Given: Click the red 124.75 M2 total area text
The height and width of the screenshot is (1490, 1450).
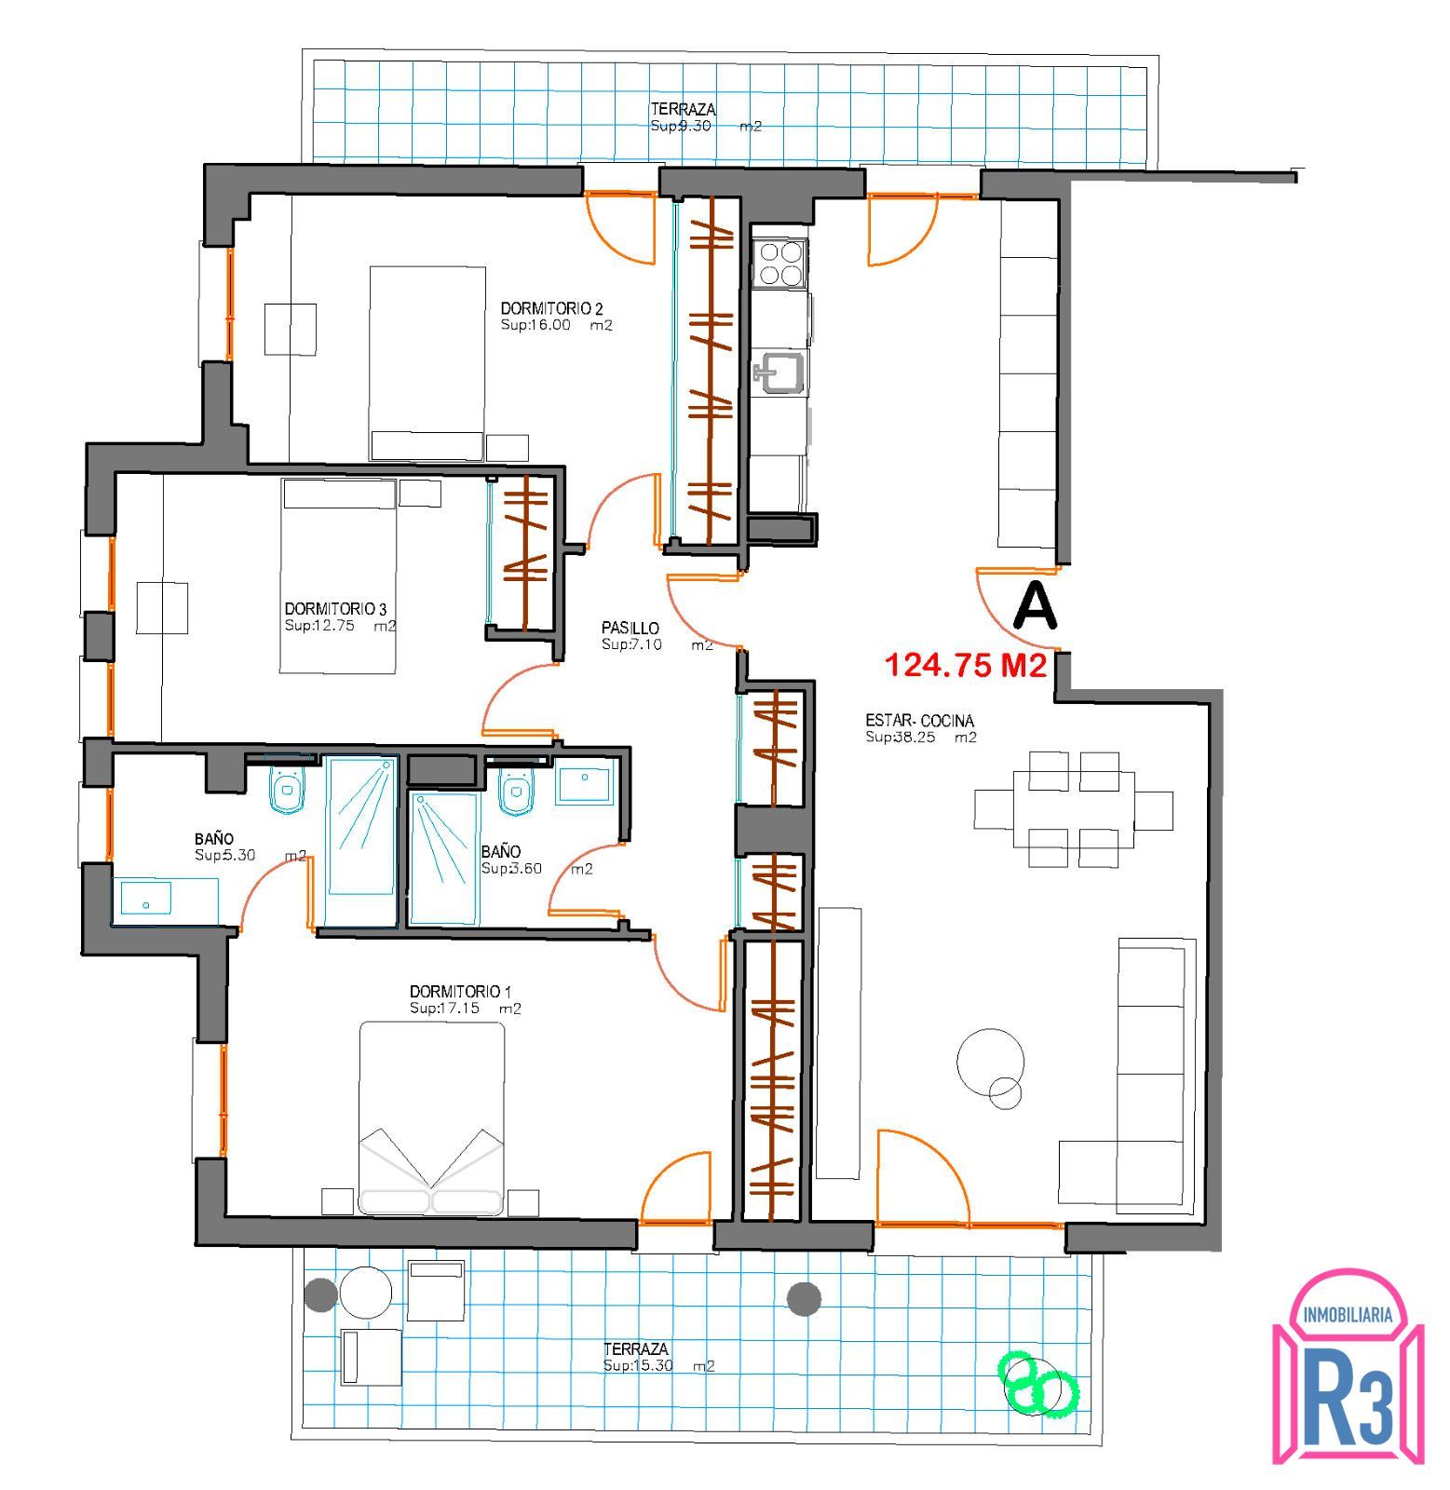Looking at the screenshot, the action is (966, 665).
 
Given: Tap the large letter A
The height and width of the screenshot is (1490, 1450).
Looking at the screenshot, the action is (1035, 605).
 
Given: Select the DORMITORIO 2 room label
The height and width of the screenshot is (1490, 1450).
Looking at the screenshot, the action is (552, 308).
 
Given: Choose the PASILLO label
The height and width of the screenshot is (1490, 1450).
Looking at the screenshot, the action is (630, 629).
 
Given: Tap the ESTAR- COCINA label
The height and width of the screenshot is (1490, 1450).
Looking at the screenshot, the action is (920, 721).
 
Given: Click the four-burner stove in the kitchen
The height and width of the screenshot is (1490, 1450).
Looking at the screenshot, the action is (780, 262).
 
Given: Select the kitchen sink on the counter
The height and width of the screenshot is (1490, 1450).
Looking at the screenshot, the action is (779, 372).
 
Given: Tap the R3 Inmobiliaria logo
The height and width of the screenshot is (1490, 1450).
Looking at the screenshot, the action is (1348, 1366).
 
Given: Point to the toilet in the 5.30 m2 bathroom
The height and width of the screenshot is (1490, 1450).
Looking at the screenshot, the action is (287, 791).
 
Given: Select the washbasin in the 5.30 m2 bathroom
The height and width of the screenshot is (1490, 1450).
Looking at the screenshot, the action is (145, 900).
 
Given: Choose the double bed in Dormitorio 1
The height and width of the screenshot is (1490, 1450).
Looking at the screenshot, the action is (432, 1117).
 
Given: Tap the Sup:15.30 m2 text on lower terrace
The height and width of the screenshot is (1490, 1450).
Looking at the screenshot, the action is (658, 1366).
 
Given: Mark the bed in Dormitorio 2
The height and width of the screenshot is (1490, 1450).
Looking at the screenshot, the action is (427, 363).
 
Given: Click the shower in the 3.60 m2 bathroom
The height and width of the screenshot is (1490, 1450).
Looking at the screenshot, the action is (443, 858).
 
